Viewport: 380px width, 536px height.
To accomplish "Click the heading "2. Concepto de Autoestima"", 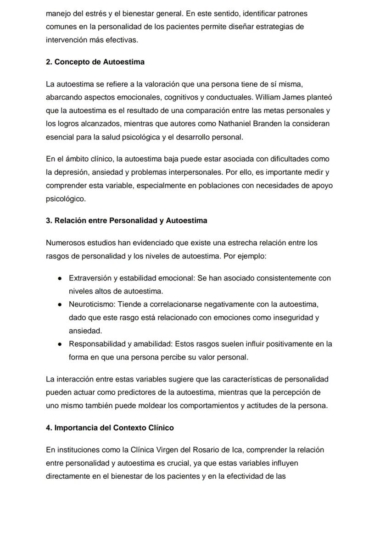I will click(95, 62).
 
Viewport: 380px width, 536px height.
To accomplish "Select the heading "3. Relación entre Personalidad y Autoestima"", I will click(126, 221).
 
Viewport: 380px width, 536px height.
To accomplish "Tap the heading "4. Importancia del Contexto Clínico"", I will click(110, 428).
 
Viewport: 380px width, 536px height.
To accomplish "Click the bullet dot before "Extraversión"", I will click(60, 278).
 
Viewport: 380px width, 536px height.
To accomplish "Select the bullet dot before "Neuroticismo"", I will click(60, 304).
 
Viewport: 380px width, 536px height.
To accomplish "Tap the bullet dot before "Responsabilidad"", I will click(60, 344).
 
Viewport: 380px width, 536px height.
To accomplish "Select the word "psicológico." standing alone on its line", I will click(66, 199).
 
